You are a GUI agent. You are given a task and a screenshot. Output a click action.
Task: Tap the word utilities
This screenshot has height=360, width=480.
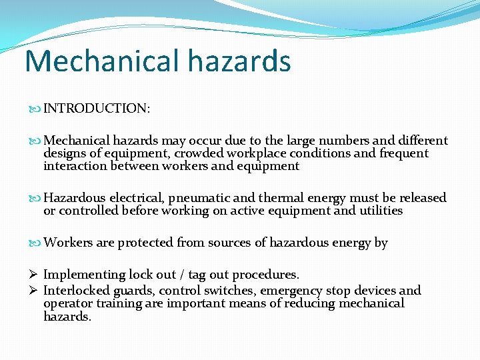click(381, 211)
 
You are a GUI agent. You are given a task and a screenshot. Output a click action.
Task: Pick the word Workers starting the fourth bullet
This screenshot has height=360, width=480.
click(69, 243)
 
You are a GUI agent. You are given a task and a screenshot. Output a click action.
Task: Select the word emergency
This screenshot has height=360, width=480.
click(289, 291)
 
